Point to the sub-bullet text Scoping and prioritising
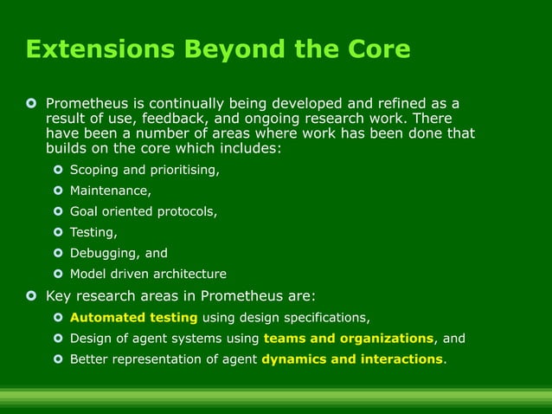(x=144, y=170)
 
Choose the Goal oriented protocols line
(x=144, y=211)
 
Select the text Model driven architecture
(x=148, y=274)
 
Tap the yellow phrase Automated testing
(x=133, y=317)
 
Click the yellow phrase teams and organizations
(x=348, y=338)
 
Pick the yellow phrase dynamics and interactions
(x=351, y=359)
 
